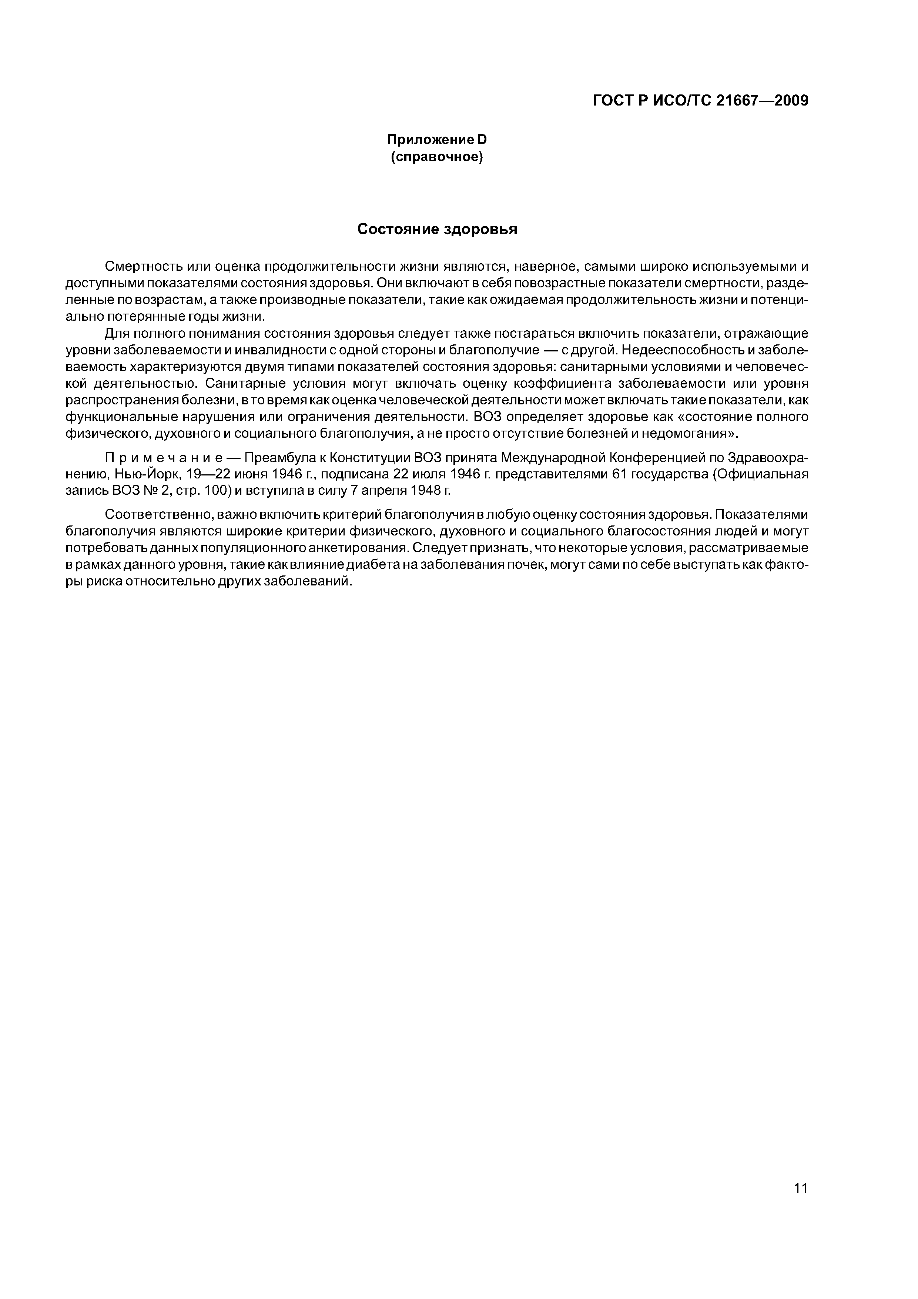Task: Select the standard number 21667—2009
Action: pos(762,101)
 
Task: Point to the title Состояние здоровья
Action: pos(437,229)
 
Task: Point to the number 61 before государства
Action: pos(619,474)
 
